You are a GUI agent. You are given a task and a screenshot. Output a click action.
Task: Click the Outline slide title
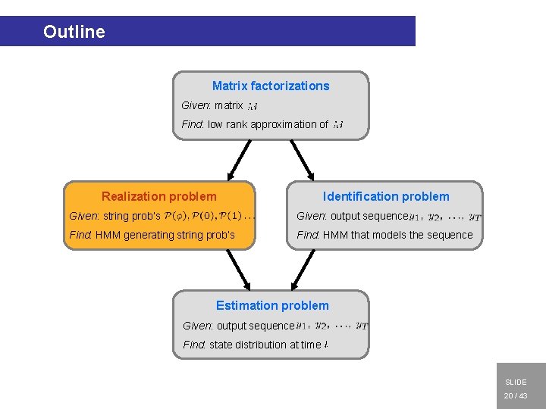(x=74, y=32)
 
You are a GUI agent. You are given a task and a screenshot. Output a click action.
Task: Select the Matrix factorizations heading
(x=271, y=86)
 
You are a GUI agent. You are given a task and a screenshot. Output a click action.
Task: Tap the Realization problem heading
(x=158, y=196)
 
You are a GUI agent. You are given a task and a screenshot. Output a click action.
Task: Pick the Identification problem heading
(x=386, y=196)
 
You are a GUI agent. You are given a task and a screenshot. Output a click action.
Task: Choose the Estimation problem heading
(x=272, y=305)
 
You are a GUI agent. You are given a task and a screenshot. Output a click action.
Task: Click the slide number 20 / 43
(x=516, y=396)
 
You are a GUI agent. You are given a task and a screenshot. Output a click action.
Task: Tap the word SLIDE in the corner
(x=516, y=382)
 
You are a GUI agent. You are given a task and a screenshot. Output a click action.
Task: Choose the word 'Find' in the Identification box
(x=307, y=235)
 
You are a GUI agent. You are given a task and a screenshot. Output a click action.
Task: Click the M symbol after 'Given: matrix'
(x=253, y=106)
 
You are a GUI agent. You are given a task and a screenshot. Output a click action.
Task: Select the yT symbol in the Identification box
(x=475, y=217)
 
